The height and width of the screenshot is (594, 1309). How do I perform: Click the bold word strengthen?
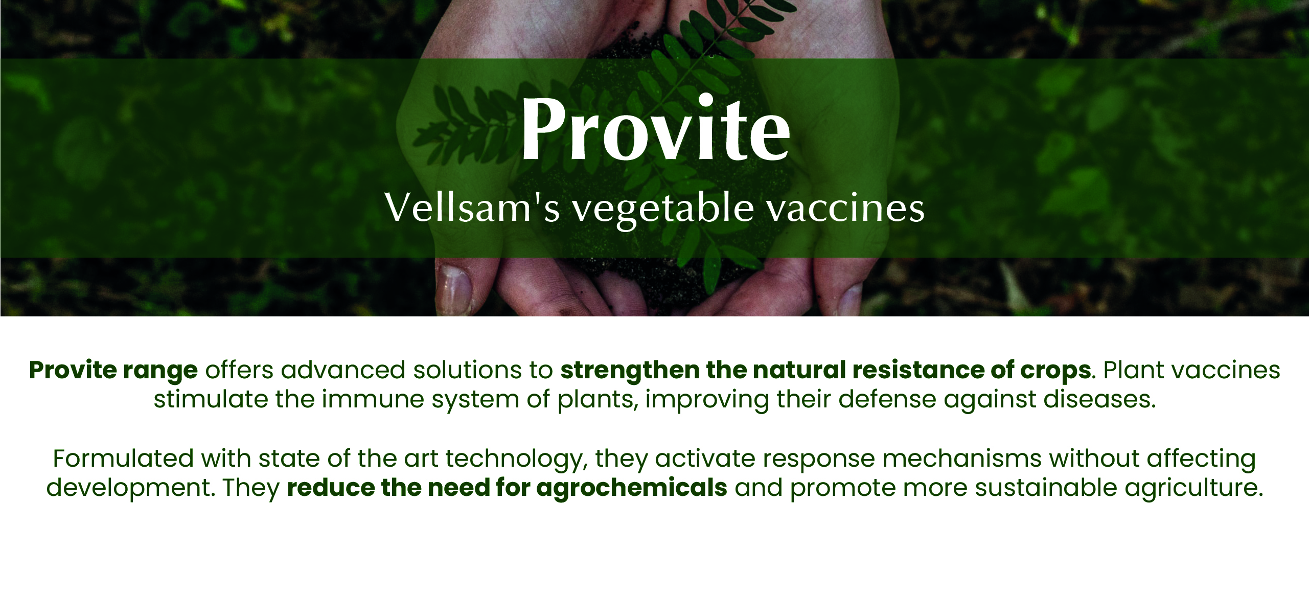[x=630, y=371]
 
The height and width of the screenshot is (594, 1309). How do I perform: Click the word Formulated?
[x=123, y=459]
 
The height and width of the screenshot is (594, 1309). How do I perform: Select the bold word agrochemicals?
[x=632, y=489]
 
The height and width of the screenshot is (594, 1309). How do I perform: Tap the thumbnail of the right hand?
[x=848, y=299]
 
